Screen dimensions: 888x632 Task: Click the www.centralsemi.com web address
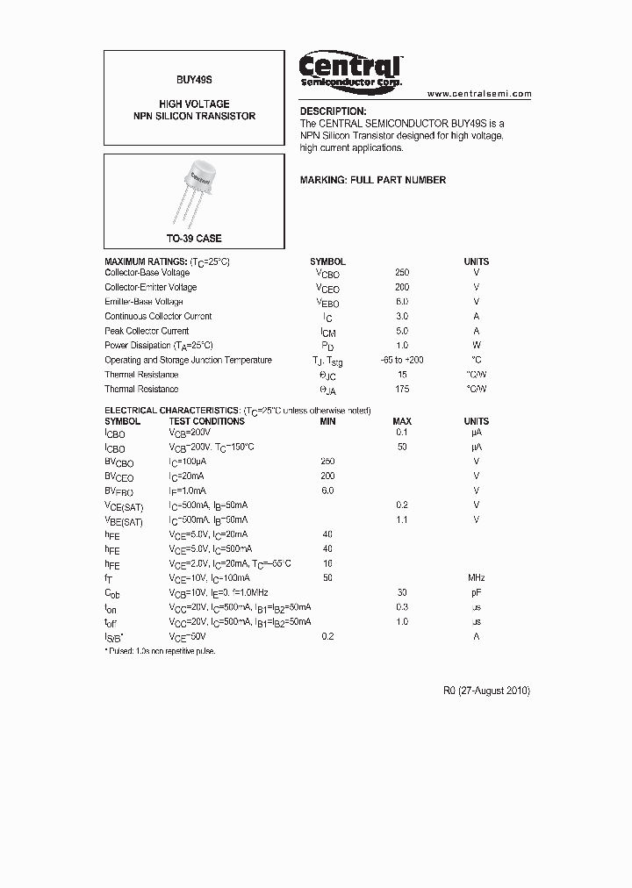[x=479, y=93]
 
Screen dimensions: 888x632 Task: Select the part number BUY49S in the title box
[x=194, y=78]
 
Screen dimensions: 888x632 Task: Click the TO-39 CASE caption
[x=194, y=239]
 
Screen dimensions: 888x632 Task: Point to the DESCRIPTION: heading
[x=333, y=111]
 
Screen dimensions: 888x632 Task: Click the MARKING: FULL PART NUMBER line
[x=373, y=180]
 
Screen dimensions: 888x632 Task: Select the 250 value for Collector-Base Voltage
[x=402, y=273]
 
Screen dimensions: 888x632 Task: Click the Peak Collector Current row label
[x=147, y=331]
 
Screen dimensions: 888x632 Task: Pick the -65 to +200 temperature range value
[x=402, y=360]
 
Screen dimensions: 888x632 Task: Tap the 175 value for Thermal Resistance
[x=402, y=389]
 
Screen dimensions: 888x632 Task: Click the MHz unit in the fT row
[x=477, y=577]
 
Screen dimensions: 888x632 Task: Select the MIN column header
[x=327, y=421]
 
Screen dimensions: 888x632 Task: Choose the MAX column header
[x=402, y=421]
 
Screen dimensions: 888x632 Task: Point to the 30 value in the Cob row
[x=402, y=592]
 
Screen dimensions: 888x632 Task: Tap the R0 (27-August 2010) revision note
[x=486, y=691]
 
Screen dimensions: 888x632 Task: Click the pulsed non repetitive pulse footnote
[x=160, y=650]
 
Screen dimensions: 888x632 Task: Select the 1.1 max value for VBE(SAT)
[x=402, y=519]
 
